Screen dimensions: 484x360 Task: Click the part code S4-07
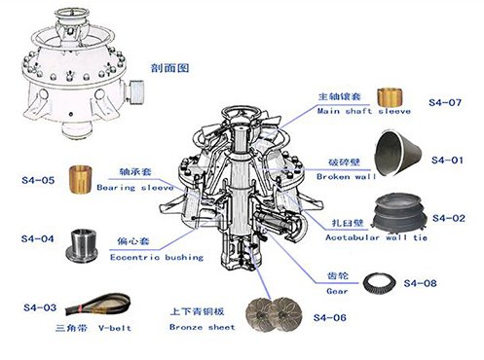click(x=445, y=103)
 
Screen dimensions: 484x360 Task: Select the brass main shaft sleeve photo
click(x=390, y=96)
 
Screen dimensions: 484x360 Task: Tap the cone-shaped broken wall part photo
click(x=398, y=153)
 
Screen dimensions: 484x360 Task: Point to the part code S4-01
click(x=447, y=161)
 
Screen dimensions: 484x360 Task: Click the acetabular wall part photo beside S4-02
click(x=400, y=212)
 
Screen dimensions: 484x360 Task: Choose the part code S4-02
click(x=449, y=218)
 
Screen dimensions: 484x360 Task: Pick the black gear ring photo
click(x=379, y=284)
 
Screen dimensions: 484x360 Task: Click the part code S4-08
click(x=420, y=283)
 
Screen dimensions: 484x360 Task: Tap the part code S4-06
click(x=330, y=317)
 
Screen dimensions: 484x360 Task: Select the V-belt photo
click(x=97, y=305)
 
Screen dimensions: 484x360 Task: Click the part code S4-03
click(x=40, y=307)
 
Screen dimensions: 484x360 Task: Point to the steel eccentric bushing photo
click(x=82, y=245)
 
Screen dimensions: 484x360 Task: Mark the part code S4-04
click(x=37, y=239)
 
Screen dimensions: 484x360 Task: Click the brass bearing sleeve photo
click(x=80, y=180)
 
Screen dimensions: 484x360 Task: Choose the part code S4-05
click(x=38, y=180)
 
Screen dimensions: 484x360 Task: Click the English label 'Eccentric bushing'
click(x=157, y=258)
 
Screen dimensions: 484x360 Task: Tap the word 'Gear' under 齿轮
click(x=337, y=291)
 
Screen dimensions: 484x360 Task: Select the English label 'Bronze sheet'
click(x=202, y=327)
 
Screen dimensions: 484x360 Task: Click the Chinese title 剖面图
click(x=169, y=68)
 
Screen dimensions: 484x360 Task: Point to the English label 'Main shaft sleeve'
click(x=364, y=111)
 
